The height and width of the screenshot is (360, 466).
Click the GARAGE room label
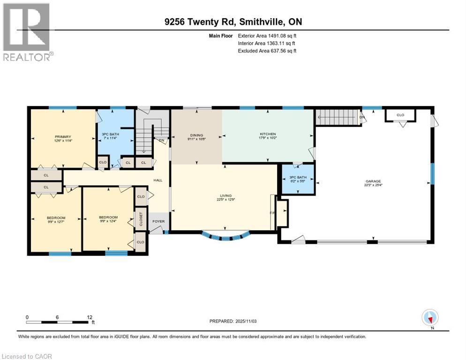[x=374, y=181]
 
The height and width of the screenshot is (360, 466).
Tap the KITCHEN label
[x=268, y=134]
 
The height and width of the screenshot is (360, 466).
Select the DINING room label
[x=196, y=135]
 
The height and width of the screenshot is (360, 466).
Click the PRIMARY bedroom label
[x=62, y=136]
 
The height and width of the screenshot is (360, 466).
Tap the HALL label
[x=158, y=180]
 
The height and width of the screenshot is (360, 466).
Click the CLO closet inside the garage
[x=400, y=115]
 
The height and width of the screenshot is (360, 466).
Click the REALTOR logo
[x=27, y=32]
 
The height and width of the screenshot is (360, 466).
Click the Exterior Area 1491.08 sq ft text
[x=267, y=35]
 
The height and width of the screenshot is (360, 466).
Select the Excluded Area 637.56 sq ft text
[x=267, y=51]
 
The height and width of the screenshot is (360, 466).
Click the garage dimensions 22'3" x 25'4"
[x=374, y=185]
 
